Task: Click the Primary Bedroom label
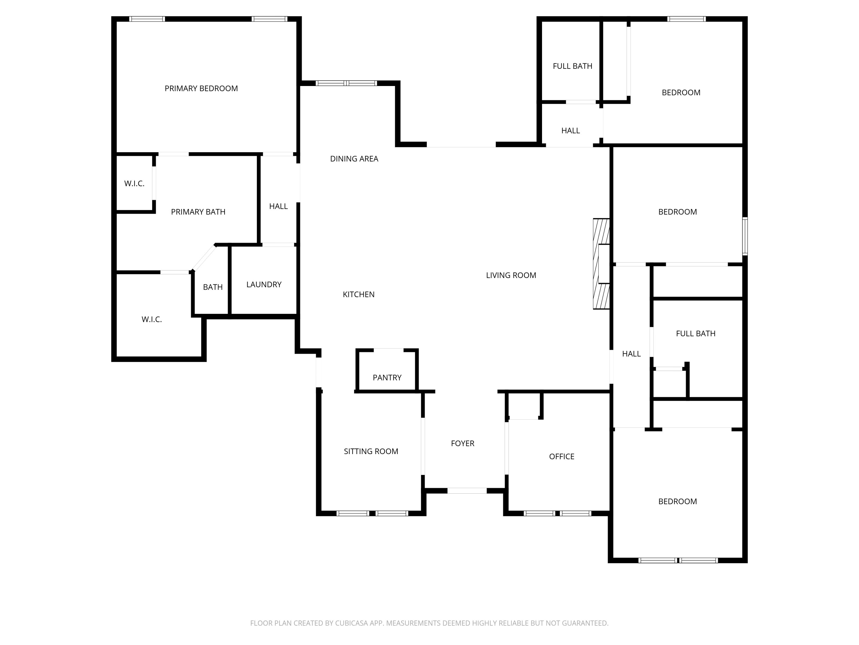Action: click(x=201, y=89)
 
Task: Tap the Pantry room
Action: click(x=387, y=378)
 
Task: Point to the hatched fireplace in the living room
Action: click(x=601, y=264)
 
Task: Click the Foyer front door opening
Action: click(x=467, y=491)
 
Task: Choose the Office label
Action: click(x=561, y=456)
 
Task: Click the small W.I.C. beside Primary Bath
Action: click(x=134, y=183)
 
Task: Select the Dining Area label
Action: click(x=354, y=159)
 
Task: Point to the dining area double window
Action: click(x=346, y=83)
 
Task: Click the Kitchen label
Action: click(x=358, y=295)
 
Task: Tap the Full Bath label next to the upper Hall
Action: click(x=572, y=66)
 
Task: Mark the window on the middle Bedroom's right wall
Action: click(x=745, y=236)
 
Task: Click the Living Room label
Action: click(x=511, y=275)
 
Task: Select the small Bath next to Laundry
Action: click(x=212, y=287)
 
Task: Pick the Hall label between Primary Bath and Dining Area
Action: click(x=278, y=206)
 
